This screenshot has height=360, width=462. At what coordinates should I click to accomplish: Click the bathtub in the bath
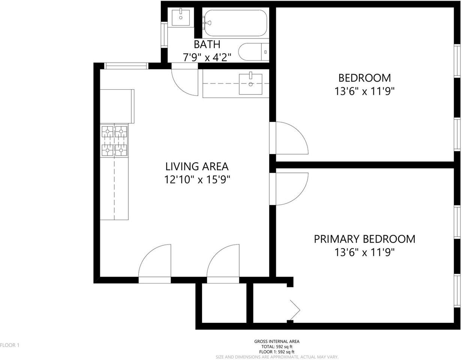[235, 23]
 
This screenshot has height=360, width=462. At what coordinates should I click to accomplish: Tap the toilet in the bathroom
[253, 52]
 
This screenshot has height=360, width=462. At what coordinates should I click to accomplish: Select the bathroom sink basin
[181, 17]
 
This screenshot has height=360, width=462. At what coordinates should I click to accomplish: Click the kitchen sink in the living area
[250, 84]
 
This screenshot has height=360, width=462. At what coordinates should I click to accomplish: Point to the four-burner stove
[114, 141]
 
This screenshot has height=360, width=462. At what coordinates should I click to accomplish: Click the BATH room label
[207, 44]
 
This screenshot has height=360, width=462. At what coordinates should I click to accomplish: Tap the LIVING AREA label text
[197, 166]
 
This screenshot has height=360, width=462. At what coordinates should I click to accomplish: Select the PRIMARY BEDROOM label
[364, 239]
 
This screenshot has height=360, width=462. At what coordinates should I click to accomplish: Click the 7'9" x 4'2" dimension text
[207, 57]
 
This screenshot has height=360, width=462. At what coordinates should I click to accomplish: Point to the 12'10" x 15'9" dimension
[197, 180]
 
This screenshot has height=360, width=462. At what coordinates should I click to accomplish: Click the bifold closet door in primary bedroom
[295, 310]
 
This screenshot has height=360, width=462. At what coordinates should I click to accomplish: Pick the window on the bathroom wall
[164, 35]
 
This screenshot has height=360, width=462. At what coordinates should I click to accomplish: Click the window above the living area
[126, 66]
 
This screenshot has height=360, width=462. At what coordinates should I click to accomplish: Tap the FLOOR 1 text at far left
[10, 345]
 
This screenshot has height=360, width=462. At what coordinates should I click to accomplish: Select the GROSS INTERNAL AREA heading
[277, 342]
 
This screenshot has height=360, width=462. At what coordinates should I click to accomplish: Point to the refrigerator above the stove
[117, 106]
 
